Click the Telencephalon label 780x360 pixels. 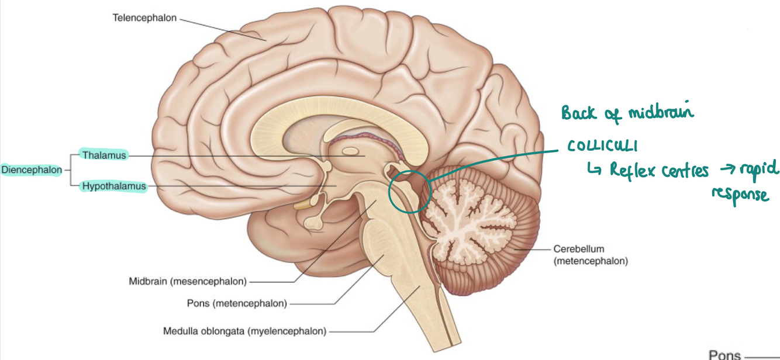pyautogui.click(x=144, y=18)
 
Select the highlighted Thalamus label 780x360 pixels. pyautogui.click(x=104, y=155)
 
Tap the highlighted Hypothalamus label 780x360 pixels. pyautogui.click(x=113, y=186)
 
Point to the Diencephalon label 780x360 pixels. pyautogui.click(x=31, y=170)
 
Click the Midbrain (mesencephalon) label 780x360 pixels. pyautogui.click(x=188, y=282)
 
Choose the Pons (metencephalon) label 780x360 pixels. pyautogui.click(x=237, y=303)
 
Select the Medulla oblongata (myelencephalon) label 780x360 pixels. pyautogui.click(x=244, y=331)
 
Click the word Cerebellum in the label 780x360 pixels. pyautogui.click(x=578, y=249)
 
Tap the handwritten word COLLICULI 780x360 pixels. pyautogui.click(x=602, y=146)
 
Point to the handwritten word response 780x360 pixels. pyautogui.click(x=740, y=195)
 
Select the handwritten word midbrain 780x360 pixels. pyautogui.click(x=661, y=112)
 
